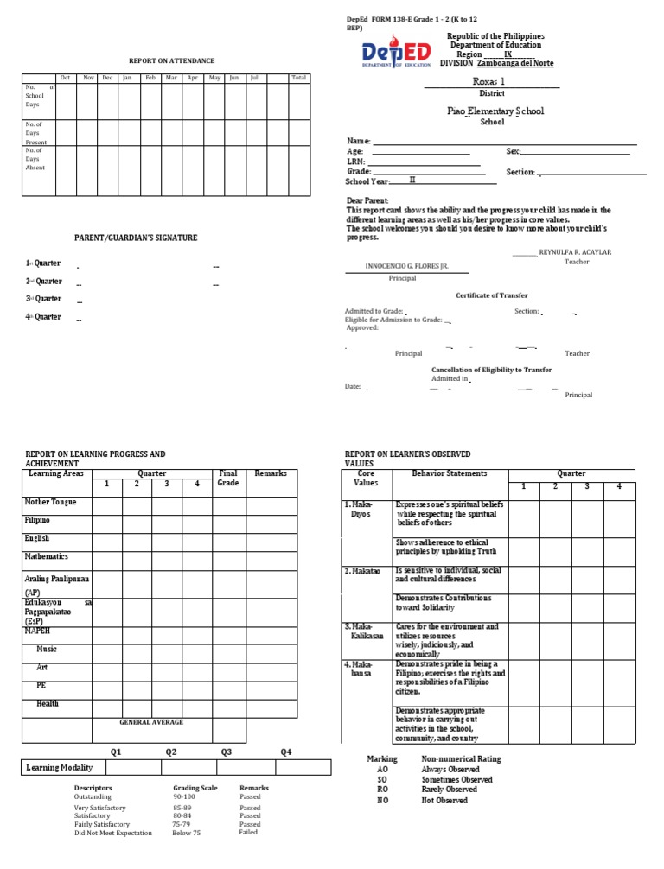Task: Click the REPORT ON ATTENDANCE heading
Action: pyautogui.click(x=162, y=60)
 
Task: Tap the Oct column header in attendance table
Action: pyautogui.click(x=66, y=78)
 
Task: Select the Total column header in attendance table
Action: pyautogui.click(x=298, y=78)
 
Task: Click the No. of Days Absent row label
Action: pyautogui.click(x=35, y=159)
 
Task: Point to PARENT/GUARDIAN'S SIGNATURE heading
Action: pyautogui.click(x=137, y=238)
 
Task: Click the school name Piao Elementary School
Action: pyautogui.click(x=495, y=111)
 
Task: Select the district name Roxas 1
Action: pyautogui.click(x=490, y=80)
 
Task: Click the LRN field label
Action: pyautogui.click(x=355, y=162)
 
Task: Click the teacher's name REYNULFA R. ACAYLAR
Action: pyautogui.click(x=575, y=251)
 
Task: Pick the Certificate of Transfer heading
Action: pyautogui.click(x=492, y=295)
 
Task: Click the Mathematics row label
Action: pyautogui.click(x=47, y=557)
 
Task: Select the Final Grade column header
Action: pyautogui.click(x=228, y=479)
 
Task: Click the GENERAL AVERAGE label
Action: pyautogui.click(x=151, y=722)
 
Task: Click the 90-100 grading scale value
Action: pyautogui.click(x=184, y=796)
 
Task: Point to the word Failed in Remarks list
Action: pyautogui.click(x=248, y=833)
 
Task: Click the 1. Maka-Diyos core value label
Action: pyautogui.click(x=362, y=509)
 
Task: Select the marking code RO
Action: pyautogui.click(x=383, y=790)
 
